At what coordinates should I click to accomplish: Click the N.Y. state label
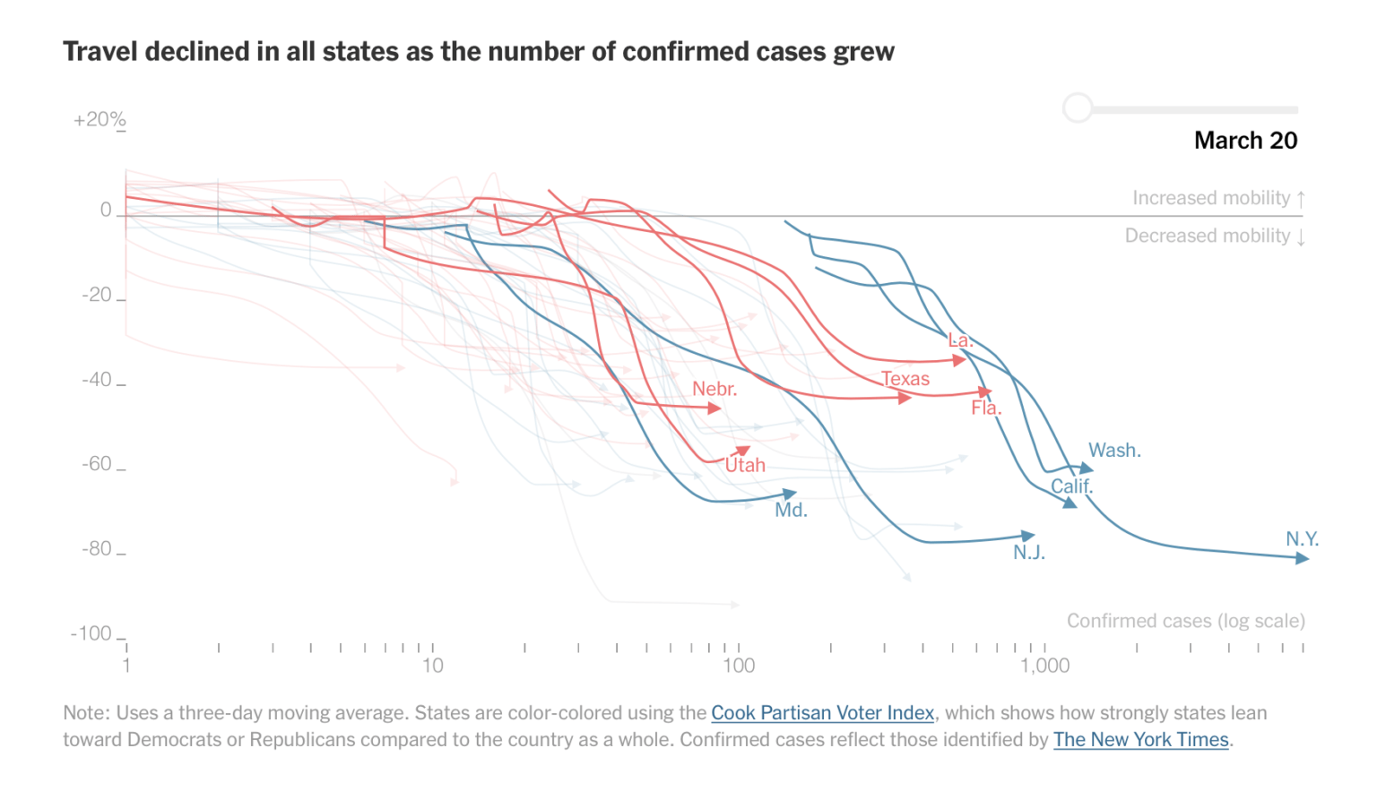1302,539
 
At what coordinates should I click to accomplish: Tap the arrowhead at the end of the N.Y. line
1303,558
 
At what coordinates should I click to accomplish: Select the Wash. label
1114,451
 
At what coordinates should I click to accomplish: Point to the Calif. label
1071,486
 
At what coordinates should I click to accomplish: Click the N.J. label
1029,553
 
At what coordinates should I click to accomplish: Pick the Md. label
791,511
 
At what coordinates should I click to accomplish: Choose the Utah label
745,466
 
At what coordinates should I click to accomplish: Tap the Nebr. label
714,389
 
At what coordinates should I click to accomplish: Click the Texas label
905,379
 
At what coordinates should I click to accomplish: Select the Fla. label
986,408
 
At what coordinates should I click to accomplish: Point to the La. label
960,340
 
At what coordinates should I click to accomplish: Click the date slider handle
1078,108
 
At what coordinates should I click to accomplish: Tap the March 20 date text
1245,141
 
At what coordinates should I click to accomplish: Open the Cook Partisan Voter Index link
822,713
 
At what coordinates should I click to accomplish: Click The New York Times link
1140,740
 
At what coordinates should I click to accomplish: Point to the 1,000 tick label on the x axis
1044,666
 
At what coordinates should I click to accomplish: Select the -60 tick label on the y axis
97,464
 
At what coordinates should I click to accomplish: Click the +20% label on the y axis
100,120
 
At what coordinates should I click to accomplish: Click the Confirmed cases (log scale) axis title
1185,621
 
